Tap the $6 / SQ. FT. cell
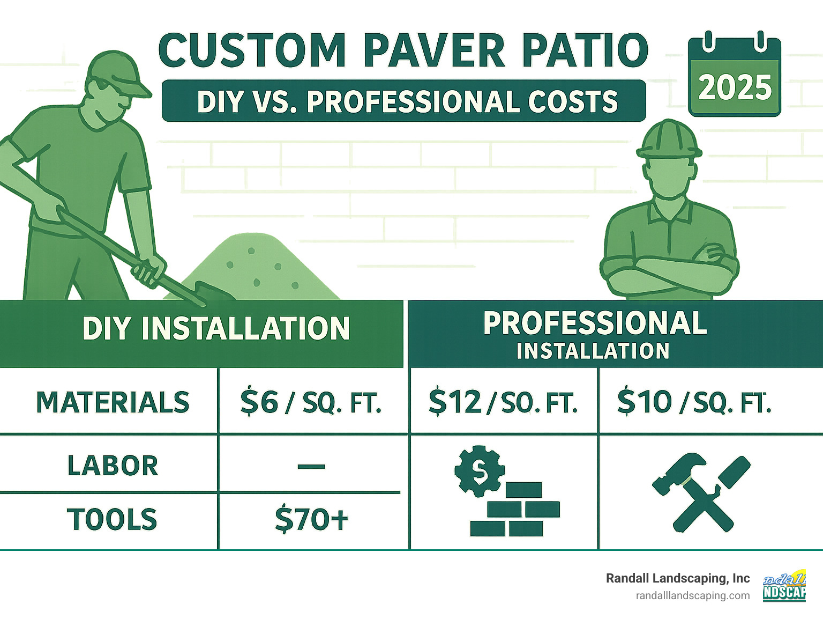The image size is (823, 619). [x=311, y=402]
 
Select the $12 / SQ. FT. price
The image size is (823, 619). [x=503, y=402]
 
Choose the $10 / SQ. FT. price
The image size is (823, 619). [x=694, y=402]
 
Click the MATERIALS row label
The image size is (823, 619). [x=113, y=402]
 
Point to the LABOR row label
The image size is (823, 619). [x=113, y=466]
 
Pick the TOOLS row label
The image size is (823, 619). [x=113, y=520]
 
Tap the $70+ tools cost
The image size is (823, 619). [x=311, y=520]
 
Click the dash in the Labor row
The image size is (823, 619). [x=311, y=466]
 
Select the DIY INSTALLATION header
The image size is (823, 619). [x=216, y=328]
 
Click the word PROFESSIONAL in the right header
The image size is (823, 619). [x=595, y=323]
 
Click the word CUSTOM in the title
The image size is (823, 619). [x=252, y=50]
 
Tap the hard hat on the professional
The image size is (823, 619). [x=668, y=138]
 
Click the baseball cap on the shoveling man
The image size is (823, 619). [x=115, y=72]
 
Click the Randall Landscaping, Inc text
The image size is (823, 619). [x=678, y=578]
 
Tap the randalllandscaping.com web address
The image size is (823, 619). [x=692, y=595]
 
